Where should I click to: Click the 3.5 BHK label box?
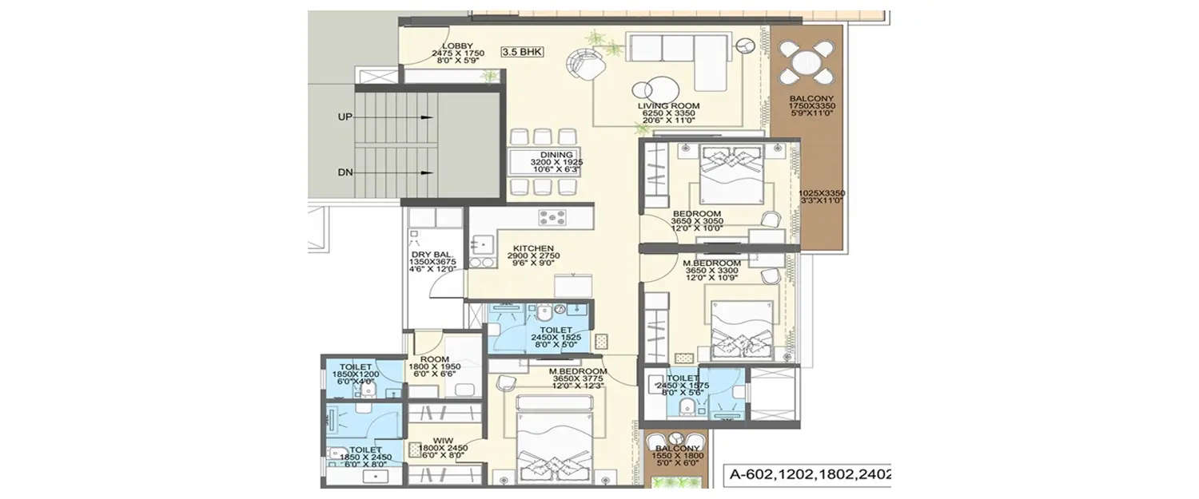(522, 52)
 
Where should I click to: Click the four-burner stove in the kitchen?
(552, 217)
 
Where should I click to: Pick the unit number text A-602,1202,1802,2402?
(808, 476)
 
